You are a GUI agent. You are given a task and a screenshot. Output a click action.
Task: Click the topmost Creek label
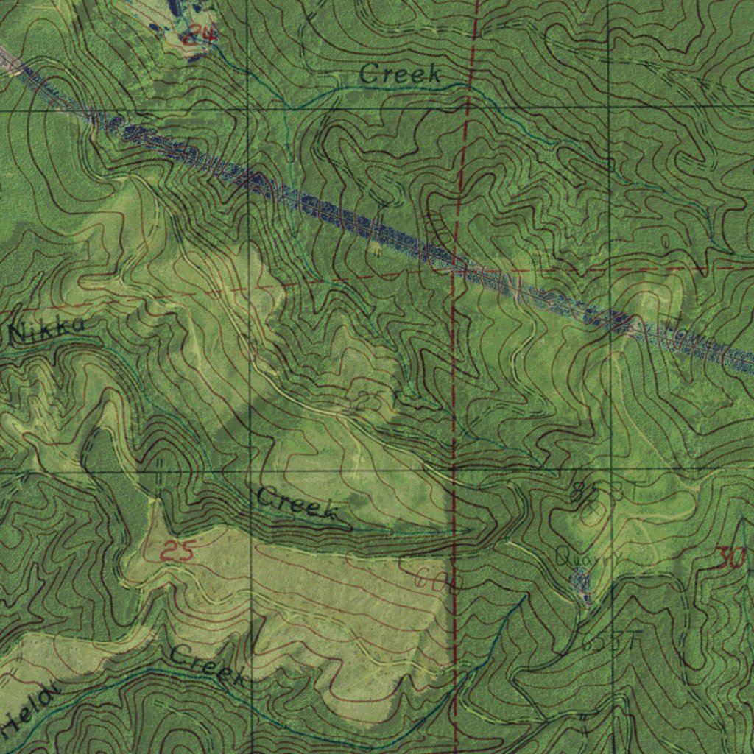pyautogui.click(x=401, y=74)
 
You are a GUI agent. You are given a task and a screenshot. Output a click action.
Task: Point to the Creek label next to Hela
pyautogui.click(x=208, y=665)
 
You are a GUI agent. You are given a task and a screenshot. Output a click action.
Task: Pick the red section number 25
pyautogui.click(x=177, y=551)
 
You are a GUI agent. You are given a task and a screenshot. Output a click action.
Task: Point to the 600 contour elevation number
pyautogui.click(x=437, y=582)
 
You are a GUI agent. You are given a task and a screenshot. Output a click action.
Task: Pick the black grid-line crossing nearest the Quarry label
pyautogui.click(x=611, y=470)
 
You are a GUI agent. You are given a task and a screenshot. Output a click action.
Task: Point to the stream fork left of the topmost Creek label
pyautogui.click(x=292, y=109)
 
